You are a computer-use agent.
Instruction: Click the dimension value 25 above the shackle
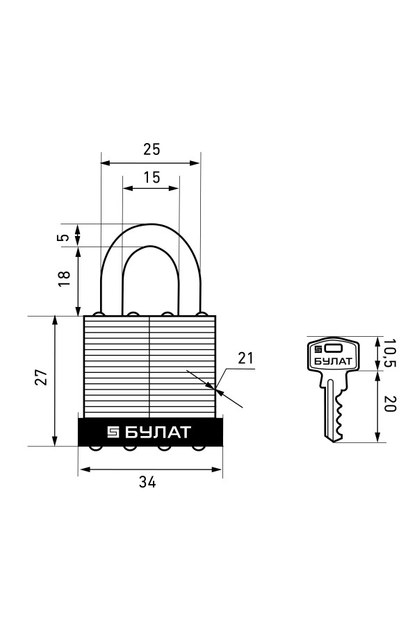tap(152, 149)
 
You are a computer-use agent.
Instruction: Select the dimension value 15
tap(152, 177)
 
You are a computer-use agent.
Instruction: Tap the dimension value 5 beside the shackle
tap(63, 237)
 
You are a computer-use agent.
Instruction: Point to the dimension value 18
tap(64, 278)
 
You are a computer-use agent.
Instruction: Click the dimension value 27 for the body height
tap(42, 377)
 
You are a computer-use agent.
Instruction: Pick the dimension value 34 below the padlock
tap(147, 482)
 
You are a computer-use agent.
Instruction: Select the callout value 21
tap(246, 358)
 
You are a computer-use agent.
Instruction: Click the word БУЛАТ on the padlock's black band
tap(158, 432)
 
